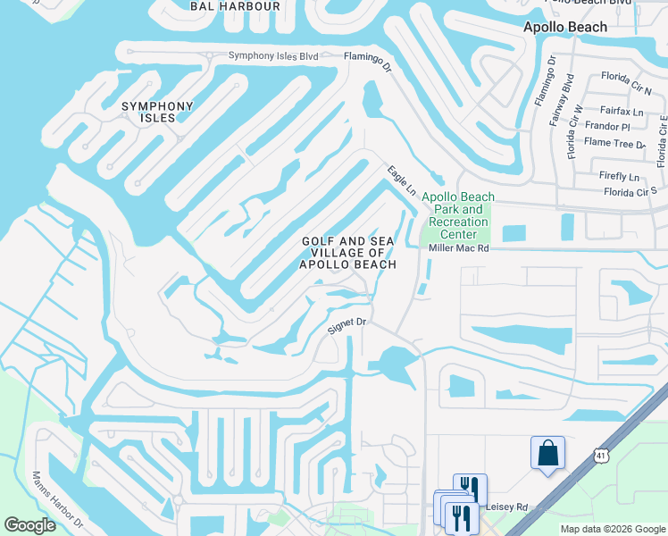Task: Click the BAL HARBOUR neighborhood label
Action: coord(235,6)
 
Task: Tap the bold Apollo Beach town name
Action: coord(564,27)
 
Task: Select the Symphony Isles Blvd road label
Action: coord(273,55)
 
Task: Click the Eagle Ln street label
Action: coord(402,180)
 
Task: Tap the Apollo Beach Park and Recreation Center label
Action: coord(457,215)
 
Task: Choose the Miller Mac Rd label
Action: coord(460,247)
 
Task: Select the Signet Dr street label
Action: coord(347,325)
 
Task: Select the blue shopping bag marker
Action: coord(547,453)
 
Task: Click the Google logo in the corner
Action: coord(29,525)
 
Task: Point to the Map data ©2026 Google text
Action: coord(612,529)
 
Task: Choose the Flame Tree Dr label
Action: coord(614,143)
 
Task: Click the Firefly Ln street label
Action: coord(622,177)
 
